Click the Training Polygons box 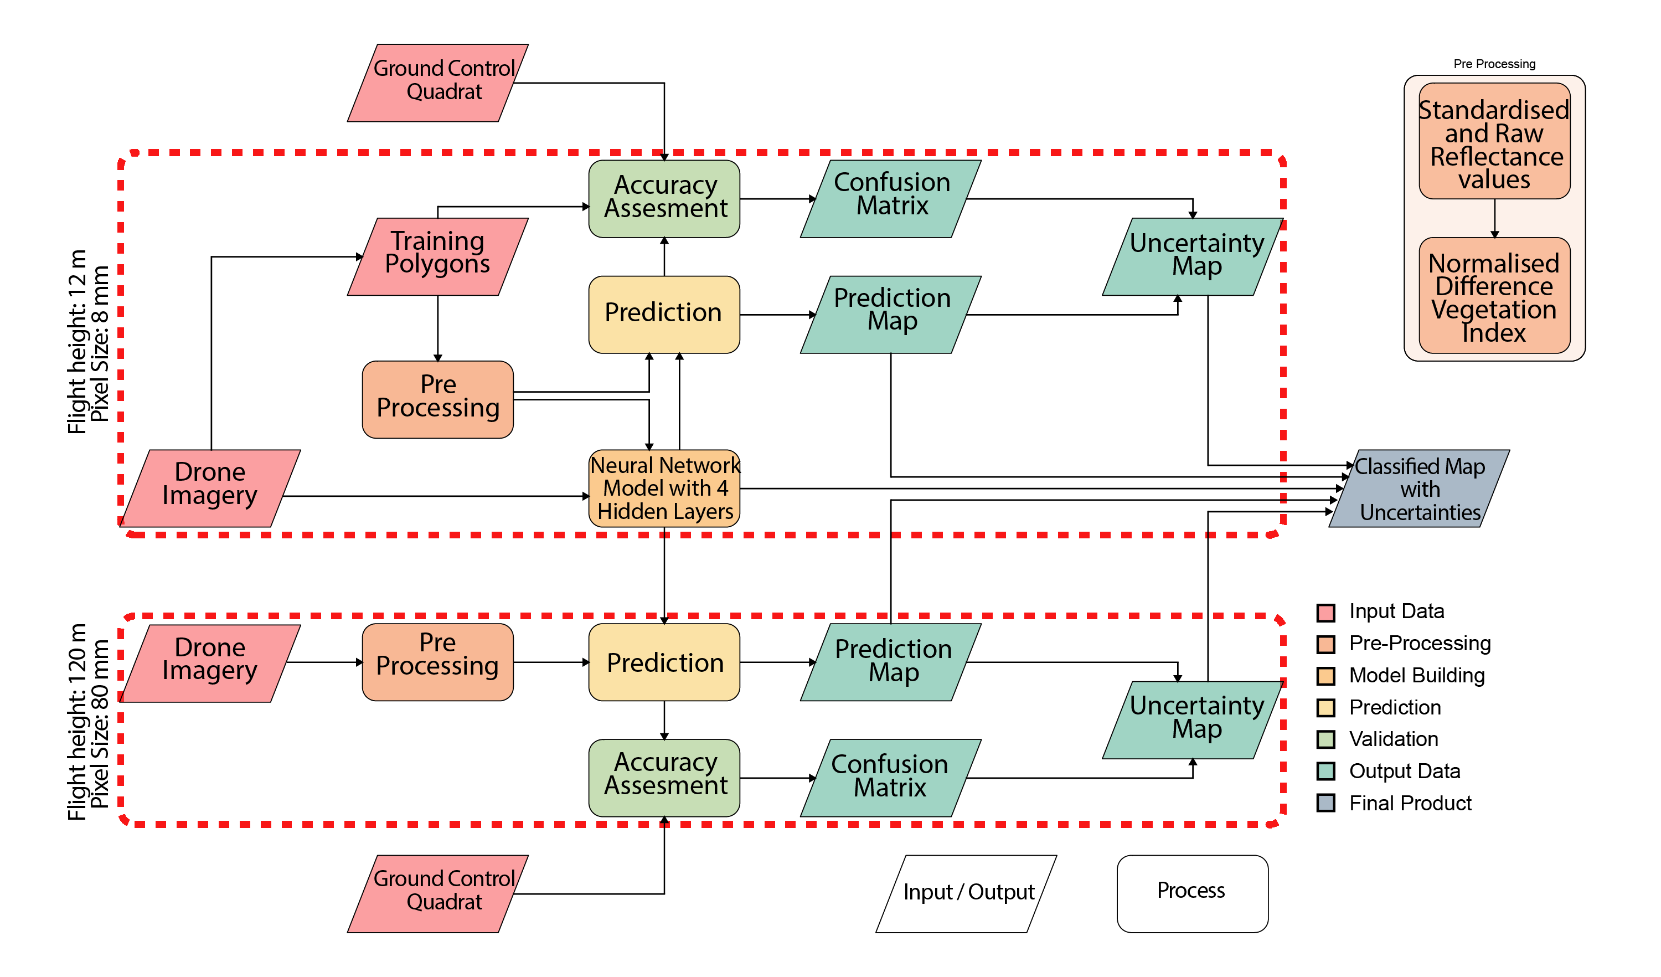437,256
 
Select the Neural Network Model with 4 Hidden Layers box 664,488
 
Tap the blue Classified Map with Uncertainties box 1419,488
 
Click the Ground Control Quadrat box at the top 437,83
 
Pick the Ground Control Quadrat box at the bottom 437,893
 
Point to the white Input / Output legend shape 966,893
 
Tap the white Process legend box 1191,893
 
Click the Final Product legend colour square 1325,803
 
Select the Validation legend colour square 1325,739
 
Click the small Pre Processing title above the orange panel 1494,64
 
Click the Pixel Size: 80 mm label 100,723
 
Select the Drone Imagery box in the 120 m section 210,662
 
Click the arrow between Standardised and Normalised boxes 1494,218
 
